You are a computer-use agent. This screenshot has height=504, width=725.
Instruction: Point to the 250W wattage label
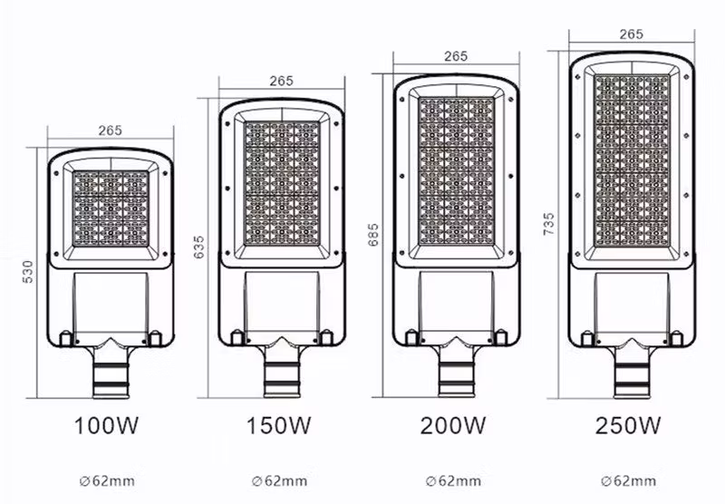click(629, 424)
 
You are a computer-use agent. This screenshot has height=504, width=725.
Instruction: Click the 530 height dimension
click(27, 271)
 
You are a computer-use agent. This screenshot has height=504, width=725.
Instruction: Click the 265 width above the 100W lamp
click(111, 130)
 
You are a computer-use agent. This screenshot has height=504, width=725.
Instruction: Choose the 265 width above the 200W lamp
click(456, 56)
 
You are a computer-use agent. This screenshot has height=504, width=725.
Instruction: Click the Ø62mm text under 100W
click(111, 480)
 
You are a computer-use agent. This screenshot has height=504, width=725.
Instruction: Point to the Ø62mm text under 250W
click(629, 480)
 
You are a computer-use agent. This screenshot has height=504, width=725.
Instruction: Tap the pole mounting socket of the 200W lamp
click(455, 372)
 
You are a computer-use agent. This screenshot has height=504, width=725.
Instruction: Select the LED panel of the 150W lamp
click(283, 186)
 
